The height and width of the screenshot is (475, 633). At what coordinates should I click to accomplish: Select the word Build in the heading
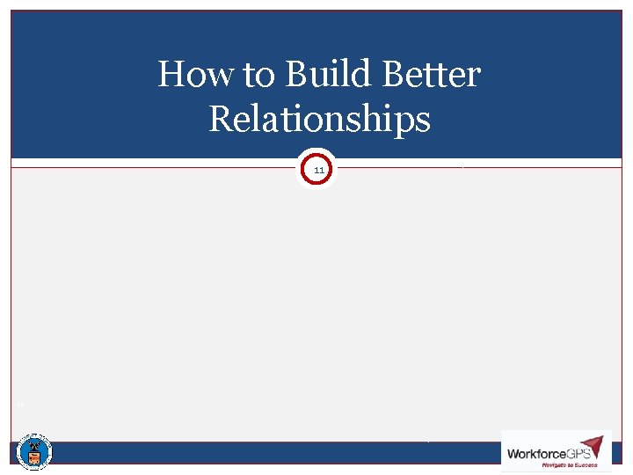pyautogui.click(x=320, y=75)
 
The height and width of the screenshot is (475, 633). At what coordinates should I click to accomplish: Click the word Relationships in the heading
pyautogui.click(x=320, y=119)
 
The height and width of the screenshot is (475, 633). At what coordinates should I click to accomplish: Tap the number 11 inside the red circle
pyautogui.click(x=318, y=169)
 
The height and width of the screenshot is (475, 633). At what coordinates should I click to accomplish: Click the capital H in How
pyautogui.click(x=170, y=75)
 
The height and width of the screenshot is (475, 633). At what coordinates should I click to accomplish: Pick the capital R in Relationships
pyautogui.click(x=220, y=118)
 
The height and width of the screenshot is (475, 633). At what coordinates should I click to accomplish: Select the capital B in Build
pyautogui.click(x=295, y=75)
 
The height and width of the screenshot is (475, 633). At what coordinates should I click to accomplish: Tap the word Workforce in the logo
pyautogui.click(x=536, y=454)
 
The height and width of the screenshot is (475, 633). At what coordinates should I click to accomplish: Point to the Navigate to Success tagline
pyautogui.click(x=569, y=465)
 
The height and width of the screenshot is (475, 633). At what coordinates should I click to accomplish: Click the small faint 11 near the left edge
pyautogui.click(x=18, y=405)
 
